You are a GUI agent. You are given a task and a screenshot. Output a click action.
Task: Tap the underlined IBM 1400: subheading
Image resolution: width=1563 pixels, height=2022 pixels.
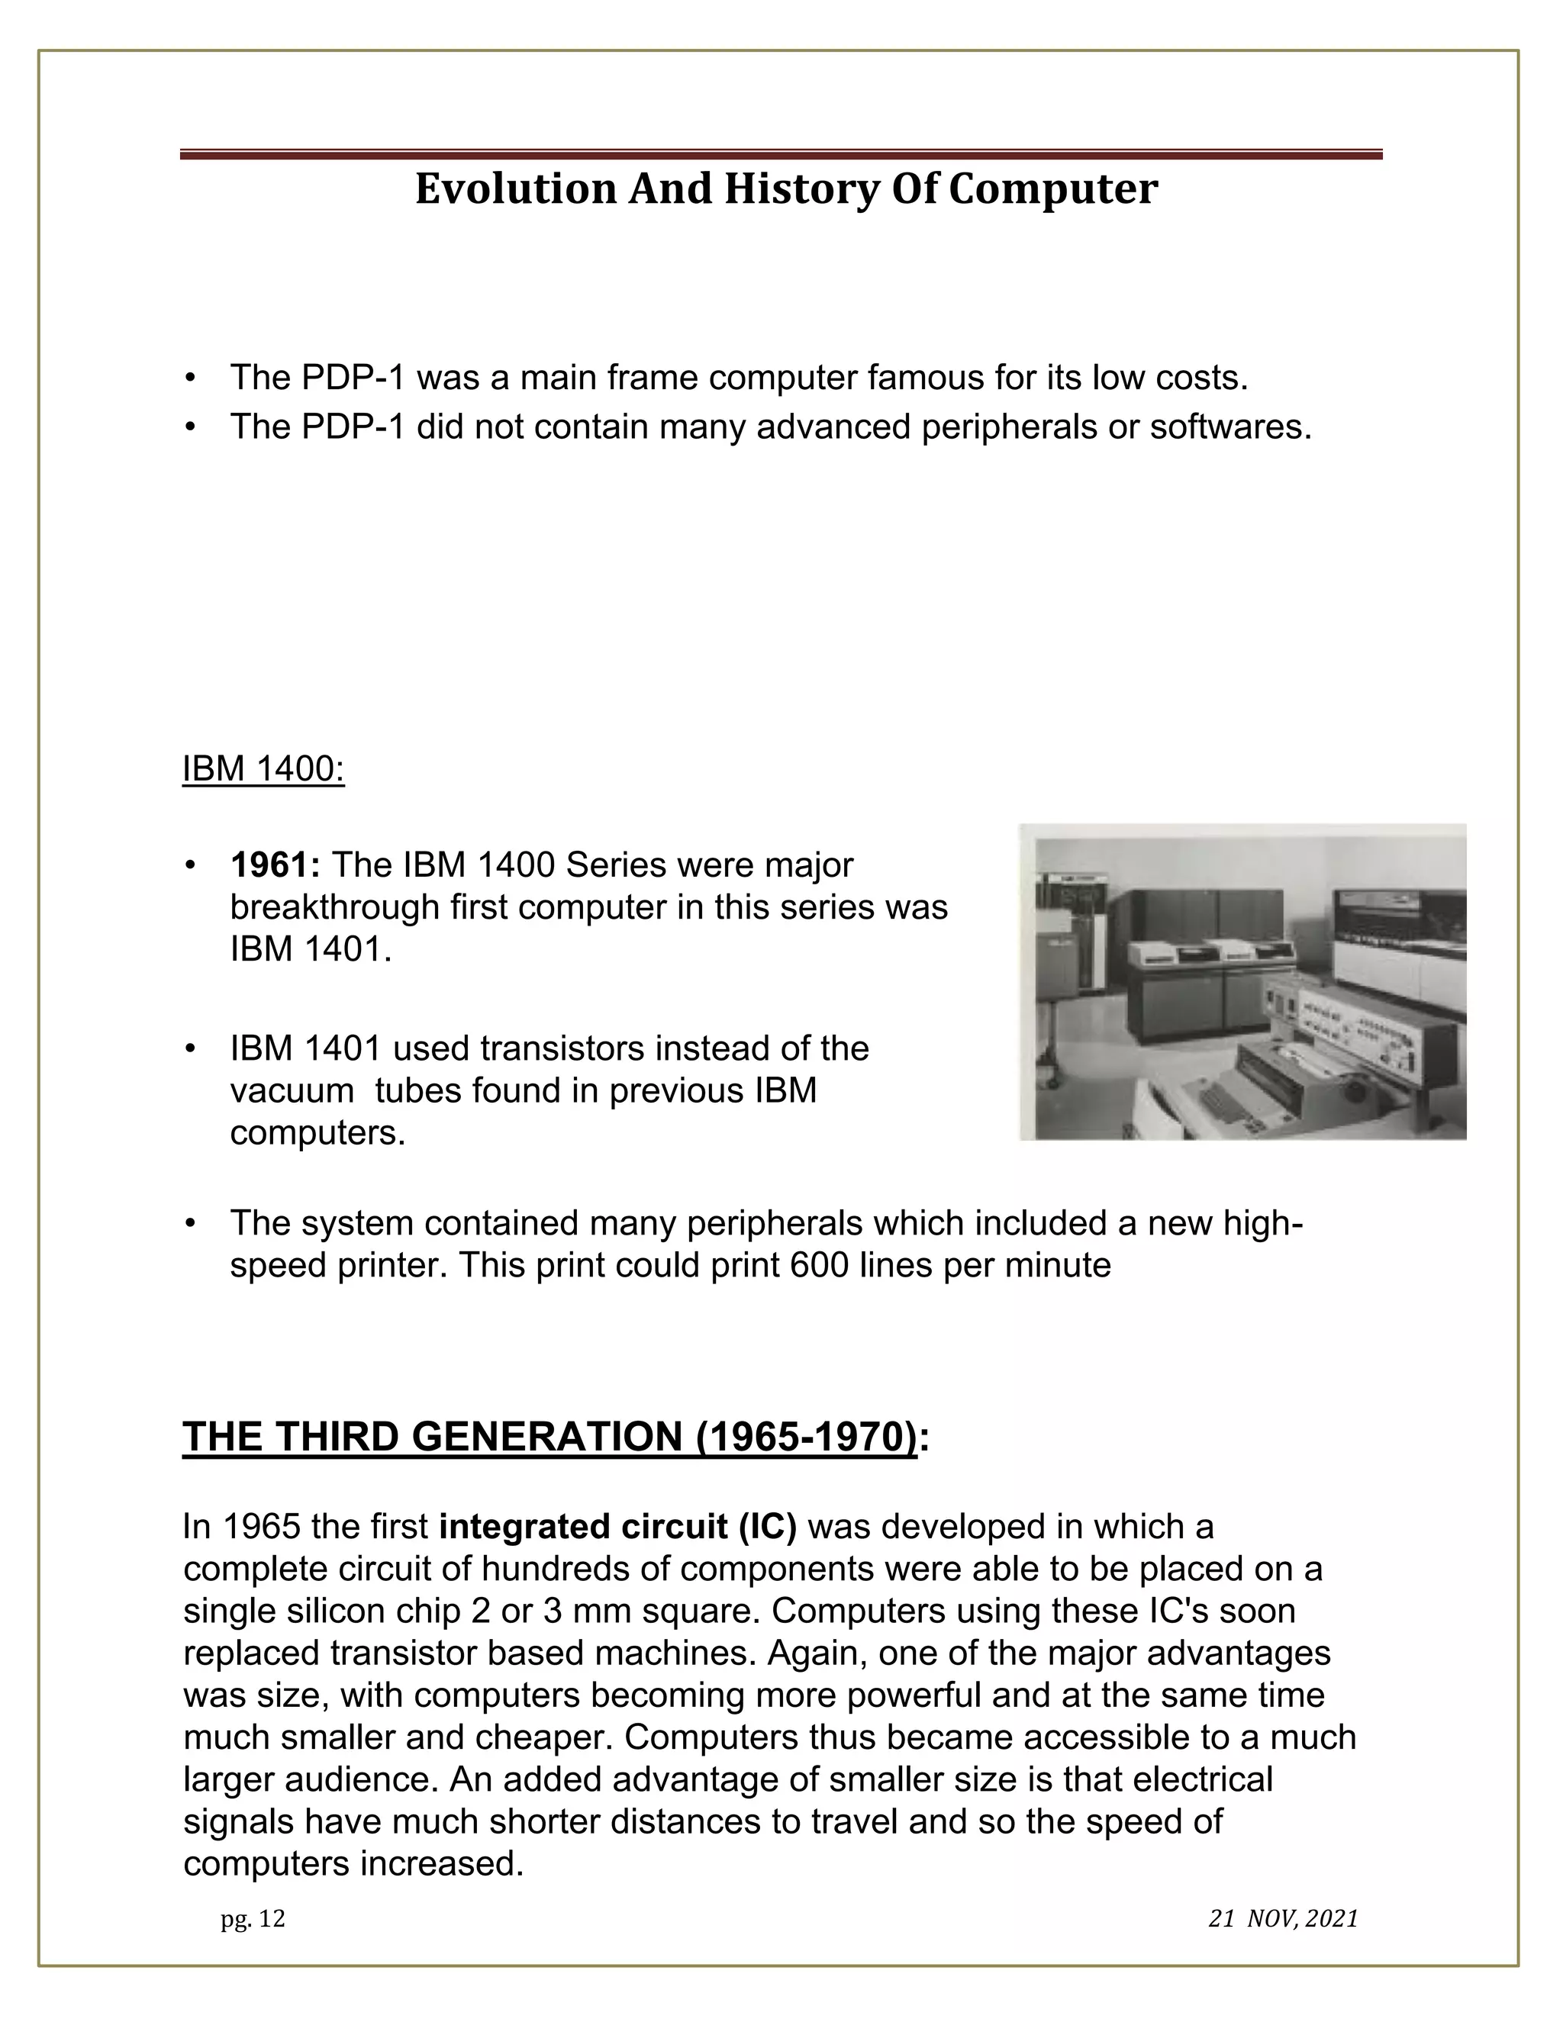click(x=263, y=768)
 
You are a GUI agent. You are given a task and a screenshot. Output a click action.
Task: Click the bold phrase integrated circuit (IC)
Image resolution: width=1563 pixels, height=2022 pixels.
click(x=617, y=1526)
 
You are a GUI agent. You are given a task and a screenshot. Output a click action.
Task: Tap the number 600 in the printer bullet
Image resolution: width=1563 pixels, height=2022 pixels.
click(x=822, y=1264)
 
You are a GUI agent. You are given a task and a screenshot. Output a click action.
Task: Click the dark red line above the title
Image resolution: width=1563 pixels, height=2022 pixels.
click(x=781, y=155)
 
